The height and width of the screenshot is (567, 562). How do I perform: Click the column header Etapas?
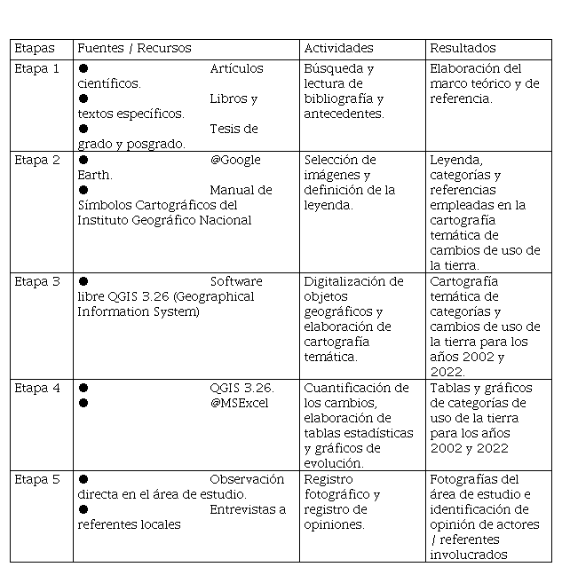coord(34,49)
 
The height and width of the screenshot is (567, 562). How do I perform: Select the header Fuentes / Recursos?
coord(134,49)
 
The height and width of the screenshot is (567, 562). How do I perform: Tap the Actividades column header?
coord(338,49)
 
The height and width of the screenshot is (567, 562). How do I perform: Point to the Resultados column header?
coord(463,49)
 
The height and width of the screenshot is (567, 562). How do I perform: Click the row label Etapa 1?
coord(37,68)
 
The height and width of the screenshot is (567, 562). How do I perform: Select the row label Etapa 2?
coord(37,161)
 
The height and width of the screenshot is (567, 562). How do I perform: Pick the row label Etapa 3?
coord(37,282)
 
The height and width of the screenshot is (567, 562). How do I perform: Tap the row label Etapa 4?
coord(37,388)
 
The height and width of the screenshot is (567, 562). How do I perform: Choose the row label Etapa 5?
coord(37,480)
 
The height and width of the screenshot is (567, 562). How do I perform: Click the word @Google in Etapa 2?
coord(235,161)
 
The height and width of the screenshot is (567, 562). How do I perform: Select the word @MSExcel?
coord(239,404)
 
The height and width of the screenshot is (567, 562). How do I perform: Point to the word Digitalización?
coord(353,282)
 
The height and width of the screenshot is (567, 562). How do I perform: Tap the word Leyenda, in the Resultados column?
coord(456,161)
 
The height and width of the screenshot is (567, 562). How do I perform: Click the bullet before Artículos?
coord(83,68)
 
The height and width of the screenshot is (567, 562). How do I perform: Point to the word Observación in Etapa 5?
coord(247,480)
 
